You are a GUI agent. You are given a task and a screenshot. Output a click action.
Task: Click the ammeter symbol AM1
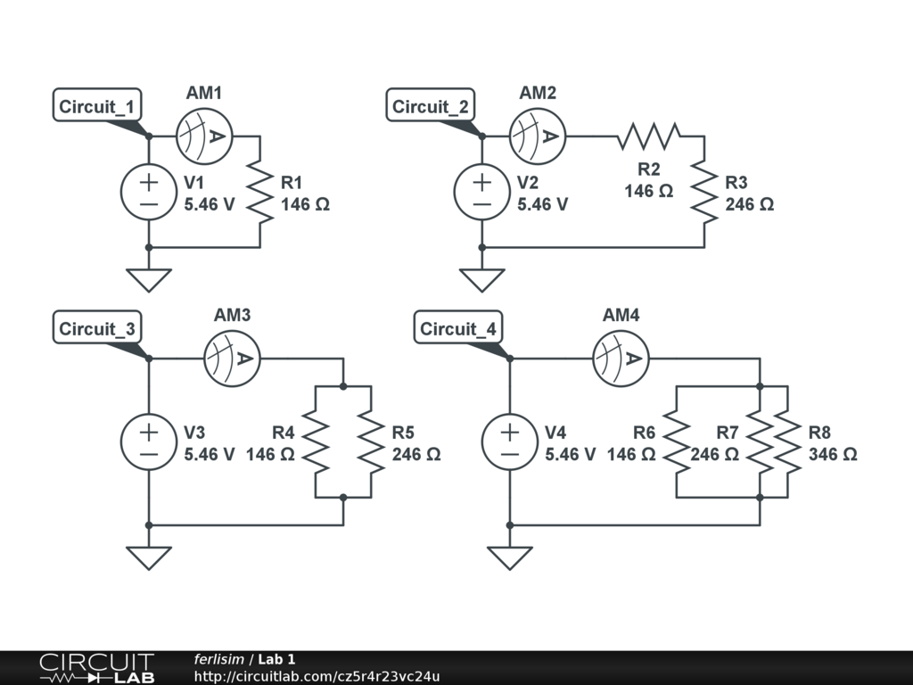coord(204,136)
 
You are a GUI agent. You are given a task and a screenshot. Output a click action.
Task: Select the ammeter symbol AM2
coord(538,136)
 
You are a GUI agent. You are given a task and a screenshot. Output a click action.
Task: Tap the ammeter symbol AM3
coord(232,359)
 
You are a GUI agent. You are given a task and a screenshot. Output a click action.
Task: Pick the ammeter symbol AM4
coord(621,359)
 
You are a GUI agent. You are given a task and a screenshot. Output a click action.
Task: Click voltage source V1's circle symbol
coord(148,193)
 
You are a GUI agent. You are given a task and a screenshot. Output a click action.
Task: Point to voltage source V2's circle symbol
coord(481,193)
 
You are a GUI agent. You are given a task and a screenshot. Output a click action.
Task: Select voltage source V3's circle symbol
coord(148,442)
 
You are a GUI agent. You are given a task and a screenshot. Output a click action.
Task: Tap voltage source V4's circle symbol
coord(510,442)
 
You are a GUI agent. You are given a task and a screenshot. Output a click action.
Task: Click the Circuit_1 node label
coord(97,107)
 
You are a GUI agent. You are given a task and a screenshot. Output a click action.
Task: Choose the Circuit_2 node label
coord(431,107)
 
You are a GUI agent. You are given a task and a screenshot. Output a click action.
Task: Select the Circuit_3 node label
coord(97,328)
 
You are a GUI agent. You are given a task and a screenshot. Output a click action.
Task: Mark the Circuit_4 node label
coord(458,328)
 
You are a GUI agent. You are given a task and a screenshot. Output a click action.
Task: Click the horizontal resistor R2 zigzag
coord(649,136)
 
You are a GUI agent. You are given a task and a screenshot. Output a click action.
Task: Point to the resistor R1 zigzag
coord(259,193)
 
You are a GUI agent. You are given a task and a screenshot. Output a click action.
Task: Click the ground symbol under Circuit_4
coord(510,557)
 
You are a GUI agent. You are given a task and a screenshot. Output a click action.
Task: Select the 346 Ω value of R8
coord(833,454)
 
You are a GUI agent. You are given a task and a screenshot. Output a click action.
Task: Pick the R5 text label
coord(403,433)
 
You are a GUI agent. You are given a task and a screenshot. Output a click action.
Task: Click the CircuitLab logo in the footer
coord(96,668)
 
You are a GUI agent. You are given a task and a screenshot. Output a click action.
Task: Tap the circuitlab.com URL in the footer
coord(317,676)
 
